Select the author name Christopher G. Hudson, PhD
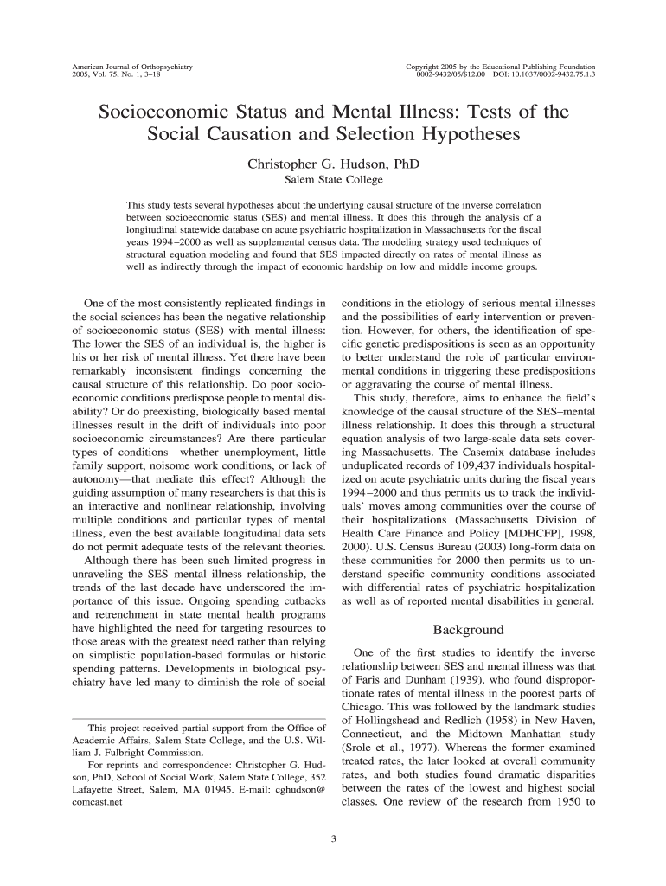click(333, 164)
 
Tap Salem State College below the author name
click(333, 180)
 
